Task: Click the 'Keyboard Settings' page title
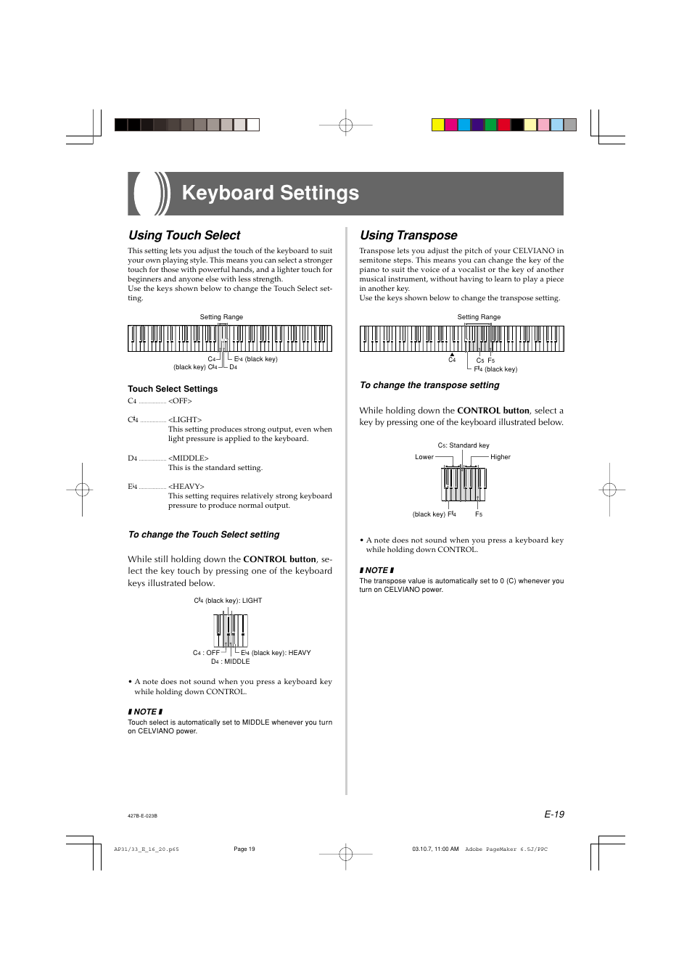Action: (270, 193)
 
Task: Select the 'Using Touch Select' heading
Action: (184, 235)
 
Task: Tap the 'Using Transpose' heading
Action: (408, 235)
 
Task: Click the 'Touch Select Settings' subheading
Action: (173, 389)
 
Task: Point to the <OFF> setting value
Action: (180, 401)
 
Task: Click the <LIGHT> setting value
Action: (185, 420)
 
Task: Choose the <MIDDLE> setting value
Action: (189, 458)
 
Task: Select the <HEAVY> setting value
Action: (186, 486)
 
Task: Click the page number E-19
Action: (554, 814)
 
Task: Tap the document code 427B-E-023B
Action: (142, 816)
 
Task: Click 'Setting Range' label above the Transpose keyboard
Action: (479, 317)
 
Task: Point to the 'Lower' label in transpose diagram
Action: (424, 457)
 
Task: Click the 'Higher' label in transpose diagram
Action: (501, 457)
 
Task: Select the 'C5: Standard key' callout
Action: (464, 445)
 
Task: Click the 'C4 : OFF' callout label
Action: (206, 653)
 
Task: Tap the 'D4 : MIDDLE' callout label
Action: (231, 662)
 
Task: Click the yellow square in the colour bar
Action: (438, 124)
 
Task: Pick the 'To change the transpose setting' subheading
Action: (429, 385)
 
